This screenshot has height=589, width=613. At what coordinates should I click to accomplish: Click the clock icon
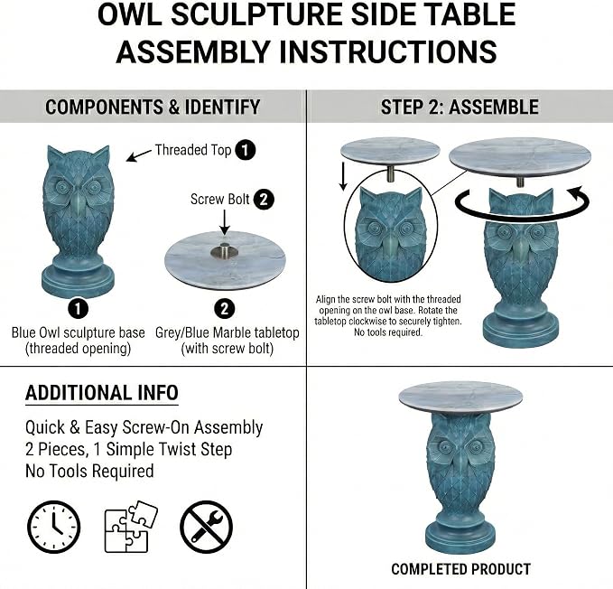coord(53,527)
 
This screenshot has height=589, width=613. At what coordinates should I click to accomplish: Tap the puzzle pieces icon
coord(131,527)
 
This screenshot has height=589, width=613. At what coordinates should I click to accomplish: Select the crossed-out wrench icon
coord(206,527)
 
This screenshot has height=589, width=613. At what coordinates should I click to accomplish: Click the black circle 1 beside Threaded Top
coord(246,150)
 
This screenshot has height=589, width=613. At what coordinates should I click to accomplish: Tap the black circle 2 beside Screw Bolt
coord(264,200)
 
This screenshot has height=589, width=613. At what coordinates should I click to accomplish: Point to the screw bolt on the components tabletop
coord(224,250)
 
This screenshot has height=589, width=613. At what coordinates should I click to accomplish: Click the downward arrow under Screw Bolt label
coord(225,222)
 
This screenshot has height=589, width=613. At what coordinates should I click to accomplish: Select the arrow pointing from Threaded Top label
coord(139,155)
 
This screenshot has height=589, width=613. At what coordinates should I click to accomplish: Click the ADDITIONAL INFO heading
coord(102,393)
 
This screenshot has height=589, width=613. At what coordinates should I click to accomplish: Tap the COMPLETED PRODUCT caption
coord(461,569)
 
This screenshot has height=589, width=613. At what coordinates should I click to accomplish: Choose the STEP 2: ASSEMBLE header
coord(460,107)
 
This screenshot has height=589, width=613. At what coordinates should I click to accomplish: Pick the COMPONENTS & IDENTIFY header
coord(153,107)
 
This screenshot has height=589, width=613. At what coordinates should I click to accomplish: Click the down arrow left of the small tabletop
coord(343,176)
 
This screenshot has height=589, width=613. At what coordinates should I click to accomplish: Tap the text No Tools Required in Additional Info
coord(89,471)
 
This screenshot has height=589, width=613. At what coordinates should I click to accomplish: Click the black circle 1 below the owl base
coord(79,309)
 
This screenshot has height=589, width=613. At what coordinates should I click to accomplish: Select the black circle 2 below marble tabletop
coord(225,309)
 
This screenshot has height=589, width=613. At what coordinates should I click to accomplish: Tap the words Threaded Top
coord(193,150)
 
